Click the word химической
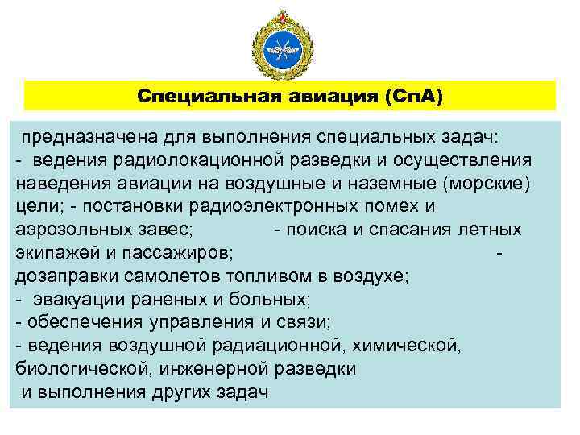pyautogui.click(x=411, y=346)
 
